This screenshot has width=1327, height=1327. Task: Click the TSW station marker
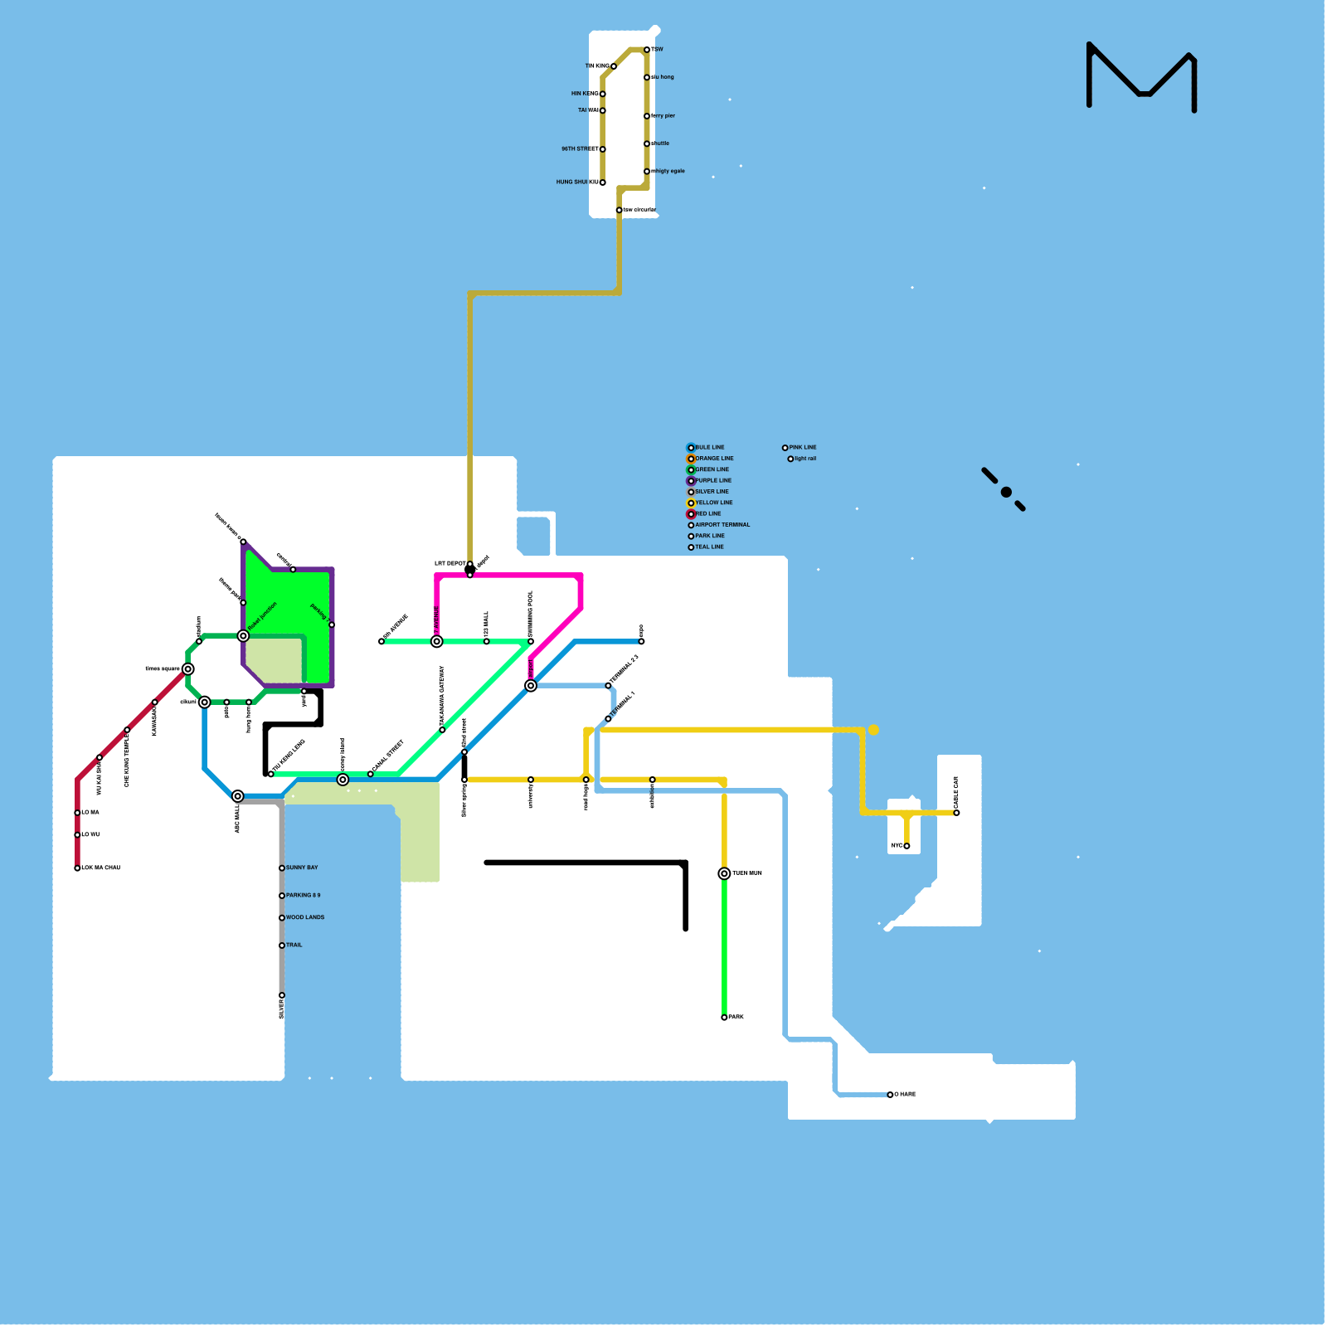[647, 50]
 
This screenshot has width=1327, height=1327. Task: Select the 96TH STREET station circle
[603, 149]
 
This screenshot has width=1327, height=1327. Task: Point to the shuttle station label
[661, 143]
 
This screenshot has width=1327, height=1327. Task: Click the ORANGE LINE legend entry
[713, 459]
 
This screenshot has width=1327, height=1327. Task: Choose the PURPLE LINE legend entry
[712, 481]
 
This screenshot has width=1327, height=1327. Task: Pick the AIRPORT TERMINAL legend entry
[722, 525]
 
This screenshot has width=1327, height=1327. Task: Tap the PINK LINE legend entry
[802, 448]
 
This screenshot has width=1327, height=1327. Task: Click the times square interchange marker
[188, 669]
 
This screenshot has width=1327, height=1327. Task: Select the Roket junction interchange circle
[243, 636]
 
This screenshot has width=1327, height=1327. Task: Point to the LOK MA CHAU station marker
[78, 868]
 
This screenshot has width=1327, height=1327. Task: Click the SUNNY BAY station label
[302, 868]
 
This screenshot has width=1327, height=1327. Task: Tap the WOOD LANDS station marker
[282, 918]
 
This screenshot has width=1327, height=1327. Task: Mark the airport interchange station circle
[531, 686]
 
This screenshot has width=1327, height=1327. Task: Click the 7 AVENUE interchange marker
[437, 642]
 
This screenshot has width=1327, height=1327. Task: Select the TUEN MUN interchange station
[724, 873]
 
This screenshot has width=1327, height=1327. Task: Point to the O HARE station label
[905, 1095]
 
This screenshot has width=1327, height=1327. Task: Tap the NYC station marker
[907, 846]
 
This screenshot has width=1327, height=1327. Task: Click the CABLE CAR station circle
[956, 813]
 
